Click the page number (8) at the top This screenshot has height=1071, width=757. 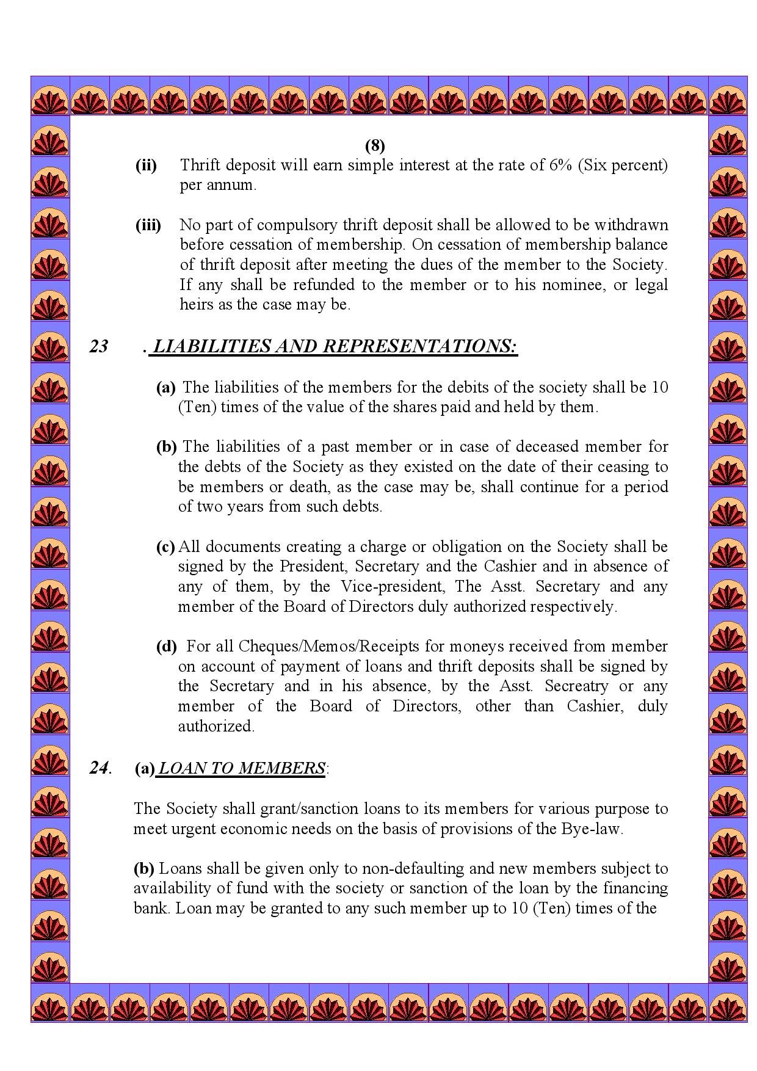(375, 145)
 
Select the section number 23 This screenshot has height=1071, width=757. (99, 346)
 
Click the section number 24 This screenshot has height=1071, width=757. (100, 768)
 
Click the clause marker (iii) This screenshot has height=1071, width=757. (148, 225)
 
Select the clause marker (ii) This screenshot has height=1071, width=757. (146, 165)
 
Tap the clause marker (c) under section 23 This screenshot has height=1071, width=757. (165, 547)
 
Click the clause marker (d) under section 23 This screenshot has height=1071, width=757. (166, 647)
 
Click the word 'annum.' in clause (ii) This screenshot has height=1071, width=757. (218, 186)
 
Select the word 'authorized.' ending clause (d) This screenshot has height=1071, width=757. (216, 727)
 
